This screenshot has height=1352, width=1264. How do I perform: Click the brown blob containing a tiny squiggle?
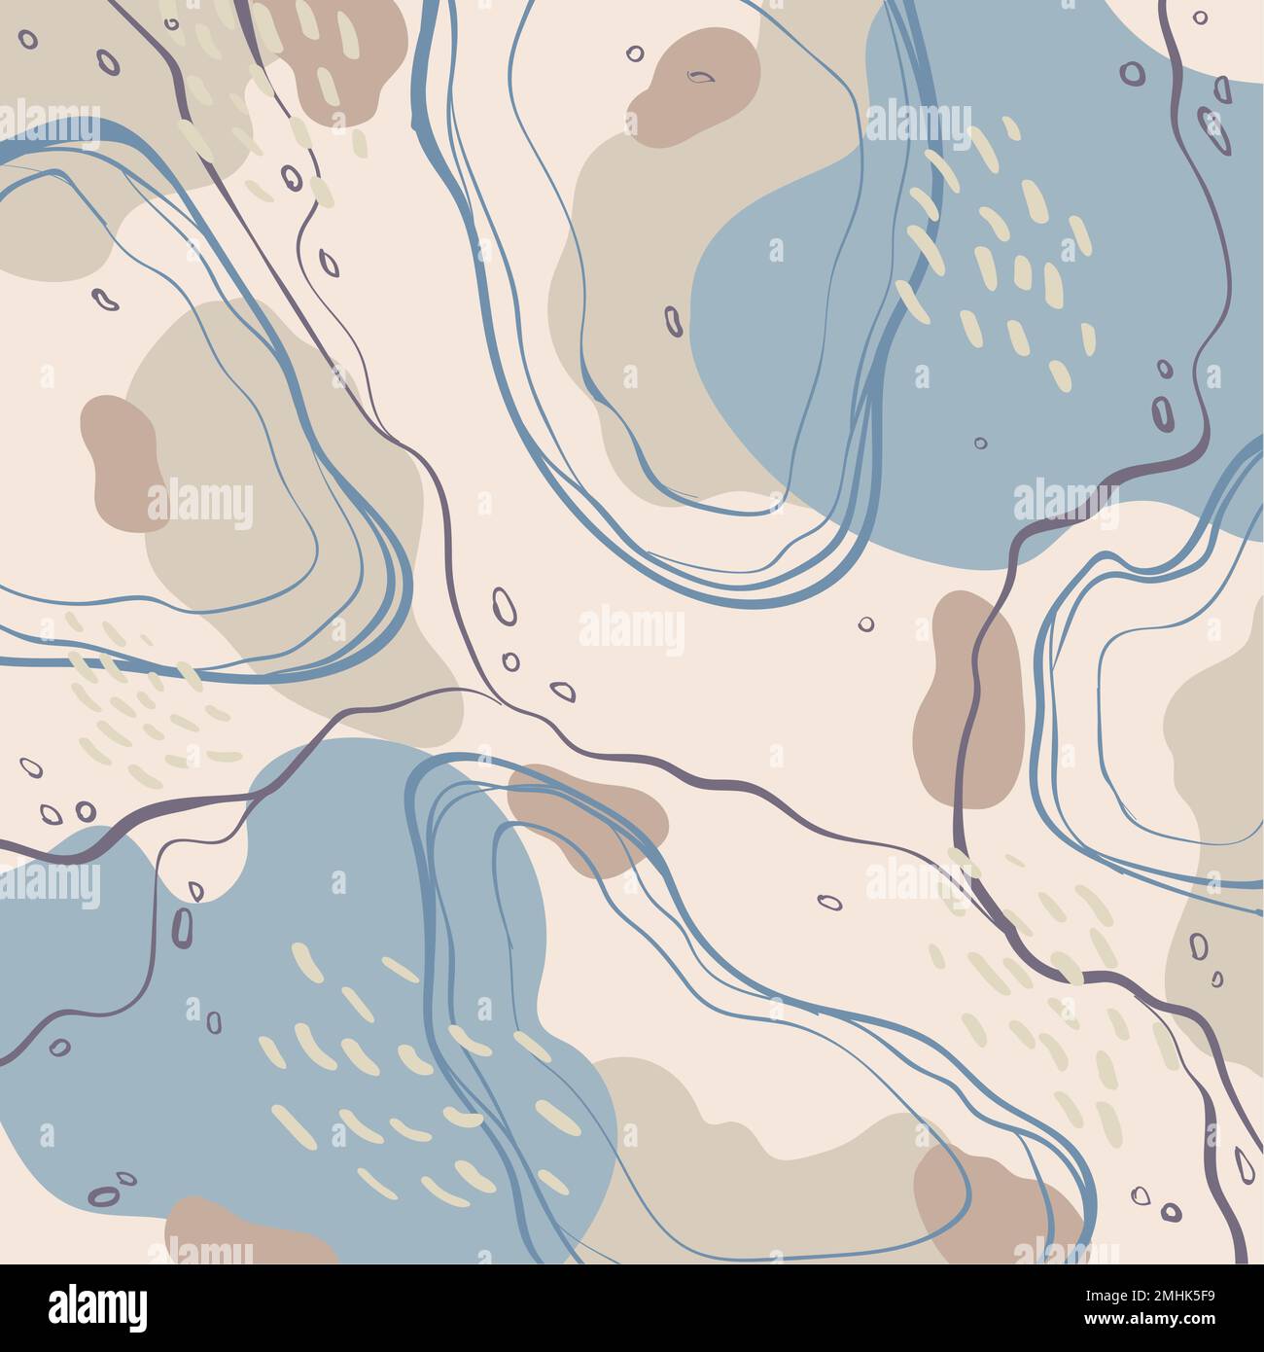695,86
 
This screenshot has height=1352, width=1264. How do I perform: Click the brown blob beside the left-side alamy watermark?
120,463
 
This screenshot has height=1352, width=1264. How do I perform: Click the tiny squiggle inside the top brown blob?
699,76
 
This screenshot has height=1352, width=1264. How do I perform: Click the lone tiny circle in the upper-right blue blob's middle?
980,443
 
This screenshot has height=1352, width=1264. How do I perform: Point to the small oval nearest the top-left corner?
27,40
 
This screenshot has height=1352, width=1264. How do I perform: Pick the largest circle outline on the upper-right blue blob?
1131,72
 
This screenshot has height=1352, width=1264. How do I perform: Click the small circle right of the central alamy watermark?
865,623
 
